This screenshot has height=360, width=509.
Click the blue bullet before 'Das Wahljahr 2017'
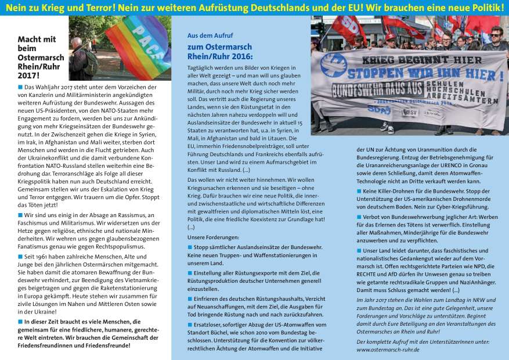pos(20,87)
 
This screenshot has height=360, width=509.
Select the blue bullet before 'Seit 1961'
pos(20,256)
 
